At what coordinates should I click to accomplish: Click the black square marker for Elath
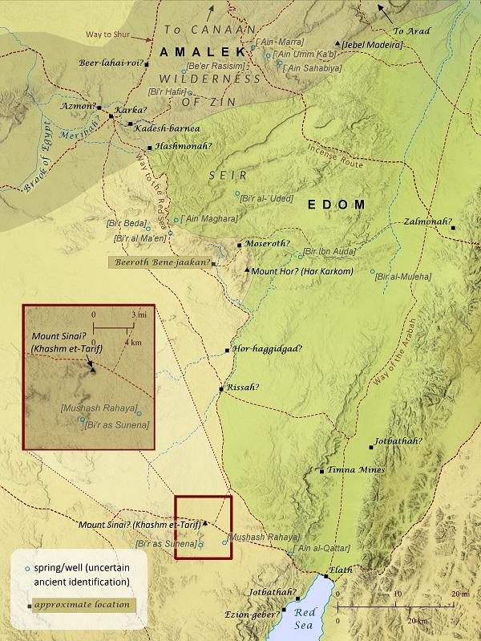pyautogui.click(x=326, y=576)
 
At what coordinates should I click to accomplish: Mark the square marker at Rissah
pyautogui.click(x=221, y=389)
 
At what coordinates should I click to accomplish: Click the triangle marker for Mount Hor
pyautogui.click(x=247, y=270)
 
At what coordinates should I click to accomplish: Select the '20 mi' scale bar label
pyautogui.click(x=460, y=593)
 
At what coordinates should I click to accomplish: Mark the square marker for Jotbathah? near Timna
pyautogui.click(x=370, y=446)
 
